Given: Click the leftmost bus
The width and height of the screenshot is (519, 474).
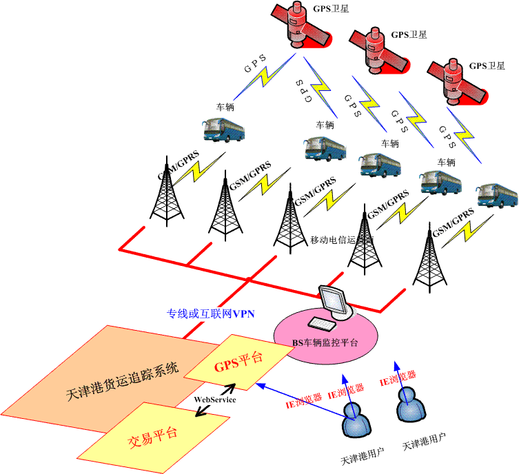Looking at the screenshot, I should pos(222,129).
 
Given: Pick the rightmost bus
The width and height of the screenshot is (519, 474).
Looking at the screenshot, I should pos(498,194).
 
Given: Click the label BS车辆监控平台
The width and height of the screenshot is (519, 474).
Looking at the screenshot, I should pos(325,342).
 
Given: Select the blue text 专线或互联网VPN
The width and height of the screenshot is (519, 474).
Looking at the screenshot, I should pos(211,314).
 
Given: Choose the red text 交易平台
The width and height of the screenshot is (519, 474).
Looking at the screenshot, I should pos(153,435).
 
